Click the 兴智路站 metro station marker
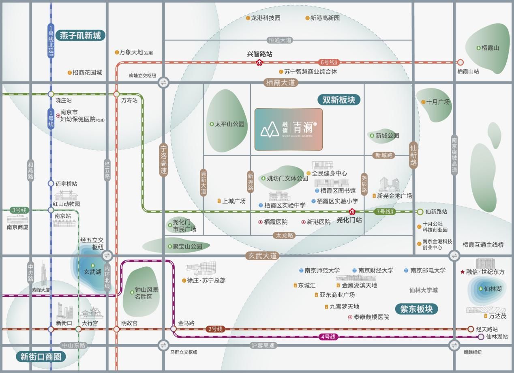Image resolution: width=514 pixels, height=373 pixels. (x=259, y=62)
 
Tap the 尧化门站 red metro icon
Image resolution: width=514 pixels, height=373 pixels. (x=352, y=212)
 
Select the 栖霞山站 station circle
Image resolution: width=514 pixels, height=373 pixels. (x=460, y=62)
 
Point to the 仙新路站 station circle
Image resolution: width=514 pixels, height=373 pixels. (x=420, y=212)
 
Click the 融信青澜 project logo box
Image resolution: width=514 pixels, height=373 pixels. (x=288, y=129)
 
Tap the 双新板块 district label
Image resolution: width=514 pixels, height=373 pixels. (x=338, y=100)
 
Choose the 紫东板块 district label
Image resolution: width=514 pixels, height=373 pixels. (x=416, y=309)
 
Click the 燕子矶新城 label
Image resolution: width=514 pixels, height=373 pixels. (x=80, y=36)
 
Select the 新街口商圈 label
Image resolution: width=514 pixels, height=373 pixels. (x=41, y=357)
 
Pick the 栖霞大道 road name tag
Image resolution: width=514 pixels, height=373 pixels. (x=281, y=83)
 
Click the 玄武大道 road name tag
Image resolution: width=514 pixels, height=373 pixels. (x=262, y=256)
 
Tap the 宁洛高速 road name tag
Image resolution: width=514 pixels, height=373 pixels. (x=163, y=160)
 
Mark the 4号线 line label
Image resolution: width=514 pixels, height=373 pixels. (x=328, y=337)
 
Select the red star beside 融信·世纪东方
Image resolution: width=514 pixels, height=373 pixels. (x=463, y=272)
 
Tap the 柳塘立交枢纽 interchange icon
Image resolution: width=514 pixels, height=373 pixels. (x=163, y=82)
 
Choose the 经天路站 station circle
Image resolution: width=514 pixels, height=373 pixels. (x=471, y=329)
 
